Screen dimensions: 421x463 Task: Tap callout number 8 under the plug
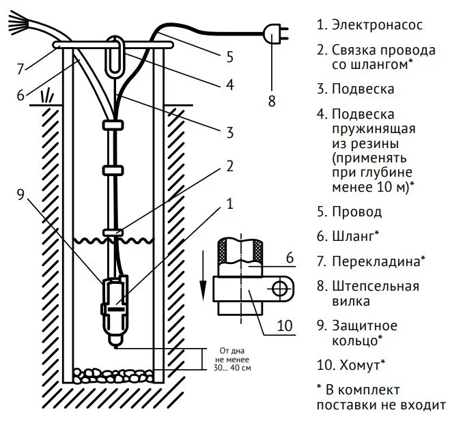[x=271, y=101]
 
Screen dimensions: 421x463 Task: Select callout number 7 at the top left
[x=21, y=68]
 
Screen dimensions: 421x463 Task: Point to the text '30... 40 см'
[x=231, y=368]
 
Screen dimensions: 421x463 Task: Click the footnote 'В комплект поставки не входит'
[x=381, y=397]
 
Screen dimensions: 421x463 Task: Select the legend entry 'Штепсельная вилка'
[x=376, y=293]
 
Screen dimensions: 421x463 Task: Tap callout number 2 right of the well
[x=230, y=166]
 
